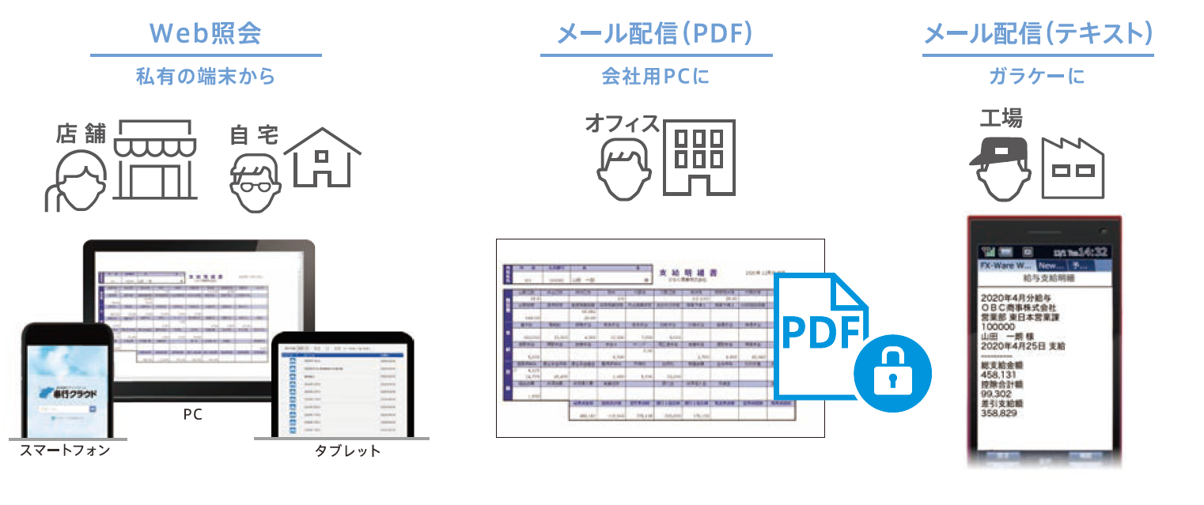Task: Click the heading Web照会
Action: [x=206, y=33]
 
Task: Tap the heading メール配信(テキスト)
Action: [x=1038, y=33]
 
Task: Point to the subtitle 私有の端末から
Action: [x=206, y=77]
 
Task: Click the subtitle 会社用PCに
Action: [x=656, y=77]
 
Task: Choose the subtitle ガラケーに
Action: [x=1037, y=77]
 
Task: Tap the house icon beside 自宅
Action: [x=322, y=157]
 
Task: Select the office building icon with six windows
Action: [x=699, y=158]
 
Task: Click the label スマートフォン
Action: [x=65, y=450]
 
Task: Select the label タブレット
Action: [x=347, y=451]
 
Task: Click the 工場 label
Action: [x=1001, y=119]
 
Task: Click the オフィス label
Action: [x=623, y=123]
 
